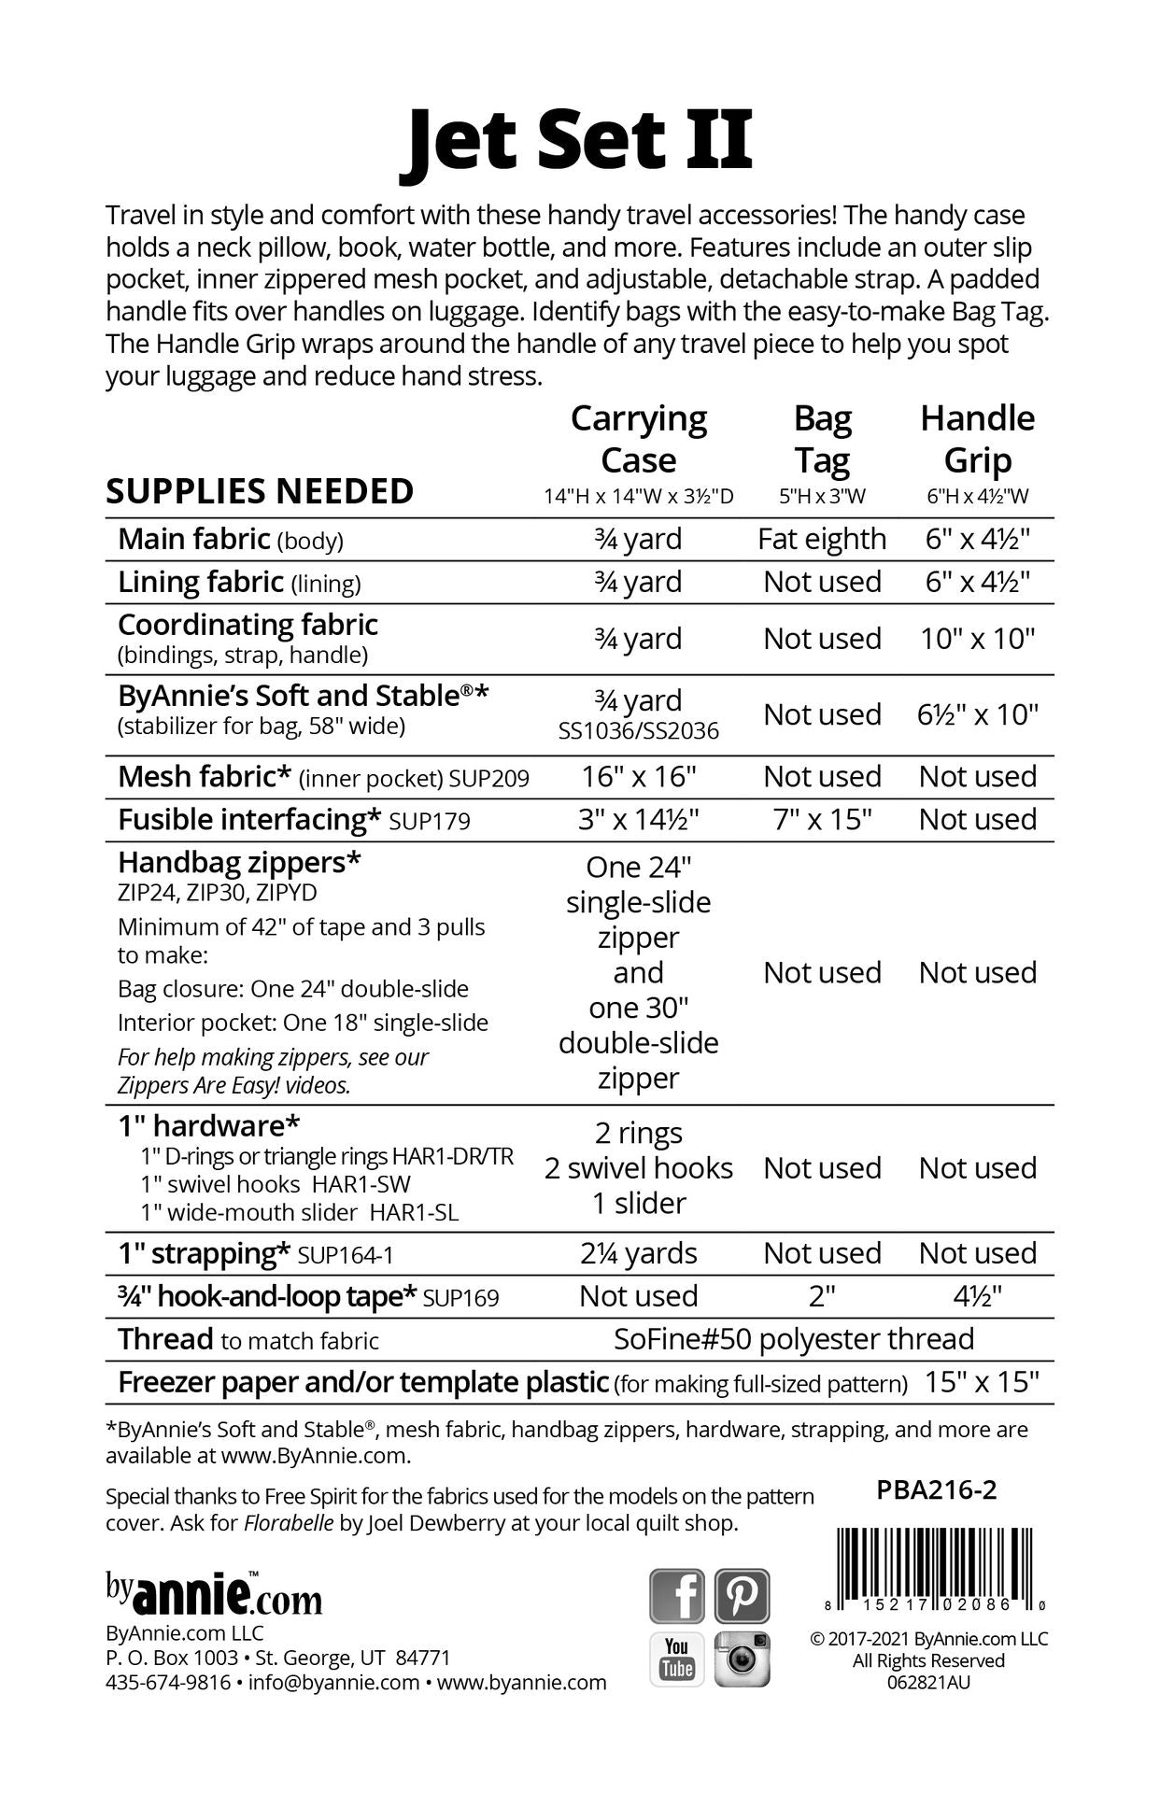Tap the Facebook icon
tap(677, 1595)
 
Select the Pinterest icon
tap(743, 1595)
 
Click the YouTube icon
tap(677, 1659)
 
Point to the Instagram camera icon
tap(743, 1659)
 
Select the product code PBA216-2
tap(937, 1489)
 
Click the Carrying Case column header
tap(639, 440)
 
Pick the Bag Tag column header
tap(822, 440)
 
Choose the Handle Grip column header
tap(977, 440)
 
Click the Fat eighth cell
tap(822, 539)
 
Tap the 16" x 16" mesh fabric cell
tap(639, 776)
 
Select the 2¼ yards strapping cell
tap(639, 1253)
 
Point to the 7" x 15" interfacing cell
tap(822, 819)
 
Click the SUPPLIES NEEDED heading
tap(260, 491)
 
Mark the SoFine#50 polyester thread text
tap(794, 1339)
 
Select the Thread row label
tap(165, 1339)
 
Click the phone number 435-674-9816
tap(168, 1682)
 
